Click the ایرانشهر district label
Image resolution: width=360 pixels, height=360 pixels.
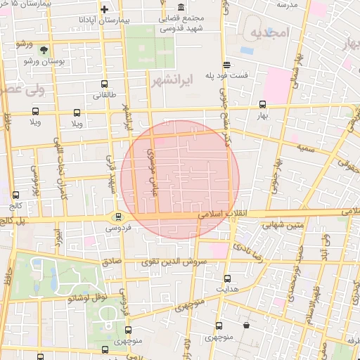172,82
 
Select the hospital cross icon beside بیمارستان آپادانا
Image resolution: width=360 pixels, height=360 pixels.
104,10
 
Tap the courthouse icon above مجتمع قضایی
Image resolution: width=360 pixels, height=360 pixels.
181,7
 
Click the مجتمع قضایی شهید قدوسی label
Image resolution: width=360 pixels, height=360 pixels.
181,23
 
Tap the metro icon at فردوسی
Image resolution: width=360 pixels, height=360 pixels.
118,217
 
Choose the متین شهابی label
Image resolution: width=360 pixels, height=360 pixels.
281,226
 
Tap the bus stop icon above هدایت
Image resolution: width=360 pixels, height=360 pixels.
226,278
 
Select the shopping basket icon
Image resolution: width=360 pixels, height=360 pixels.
246,325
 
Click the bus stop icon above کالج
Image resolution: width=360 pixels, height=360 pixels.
16,195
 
